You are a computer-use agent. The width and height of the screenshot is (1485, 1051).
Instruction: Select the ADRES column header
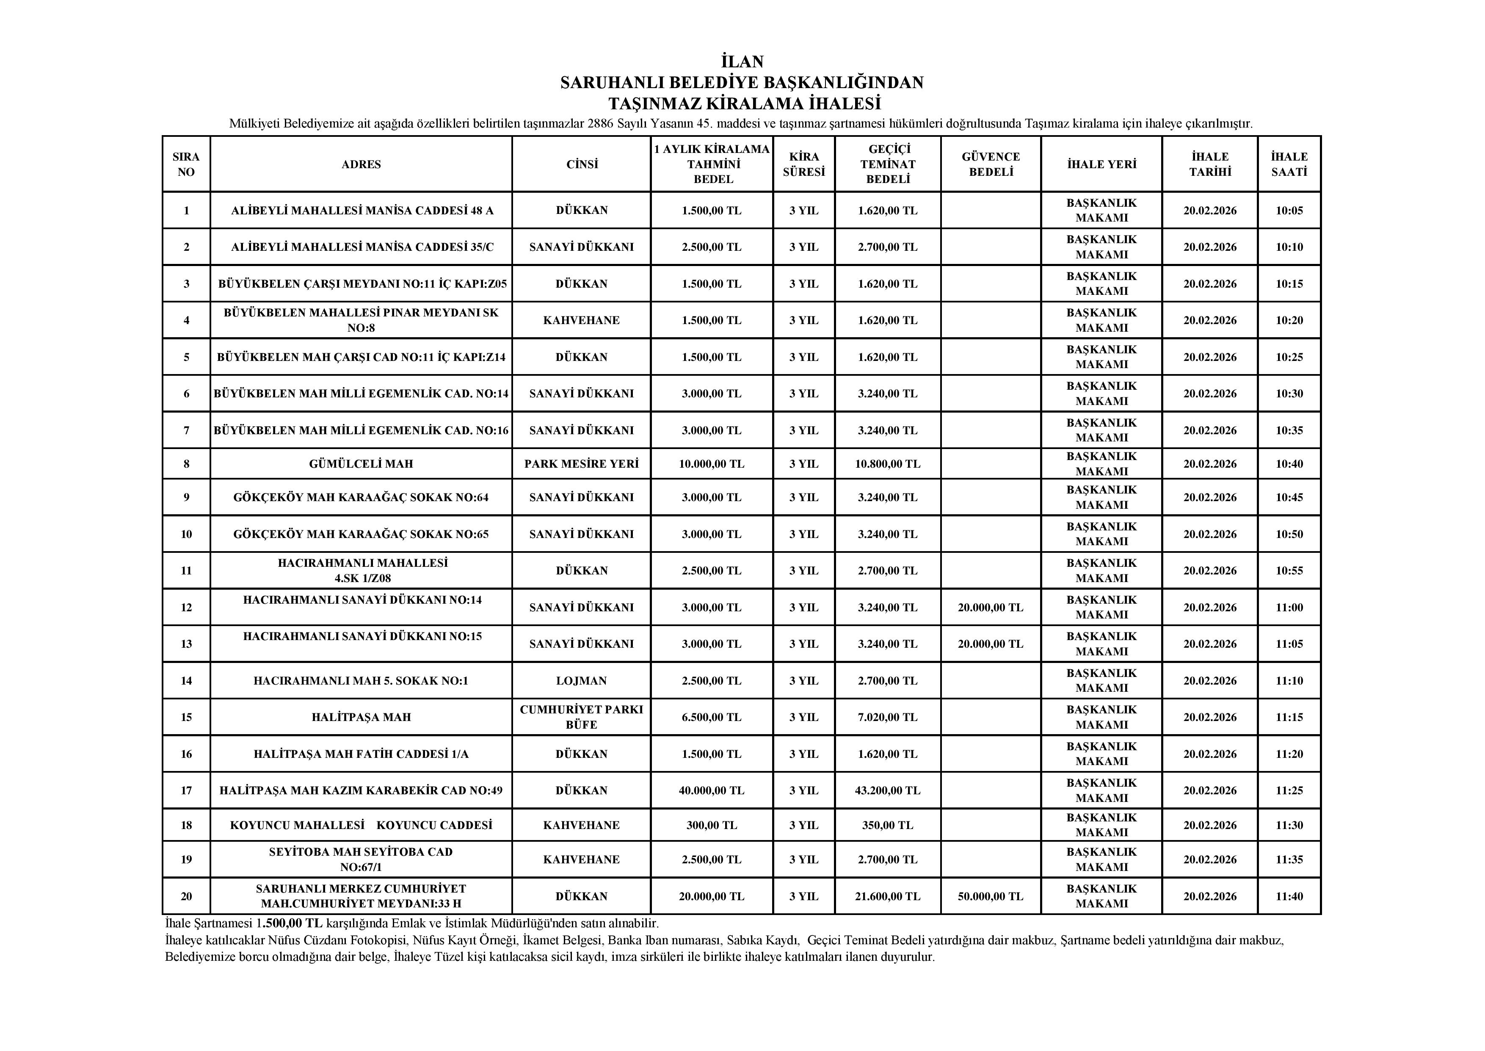click(x=361, y=164)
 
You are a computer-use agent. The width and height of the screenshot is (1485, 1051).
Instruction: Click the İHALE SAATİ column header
click(x=1289, y=164)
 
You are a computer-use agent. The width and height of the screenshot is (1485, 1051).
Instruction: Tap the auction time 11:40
click(x=1289, y=896)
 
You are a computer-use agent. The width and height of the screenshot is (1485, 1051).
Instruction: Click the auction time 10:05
click(x=1289, y=211)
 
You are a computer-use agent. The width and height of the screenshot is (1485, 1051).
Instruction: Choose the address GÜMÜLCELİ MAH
click(x=361, y=464)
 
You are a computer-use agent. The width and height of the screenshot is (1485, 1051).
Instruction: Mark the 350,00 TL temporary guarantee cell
click(x=887, y=825)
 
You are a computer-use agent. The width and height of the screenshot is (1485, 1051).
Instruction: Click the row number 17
click(x=186, y=790)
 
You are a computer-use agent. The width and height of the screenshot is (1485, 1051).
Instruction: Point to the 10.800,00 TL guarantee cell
click(x=887, y=464)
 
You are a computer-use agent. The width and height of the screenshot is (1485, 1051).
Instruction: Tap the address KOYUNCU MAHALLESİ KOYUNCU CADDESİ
click(x=361, y=825)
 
